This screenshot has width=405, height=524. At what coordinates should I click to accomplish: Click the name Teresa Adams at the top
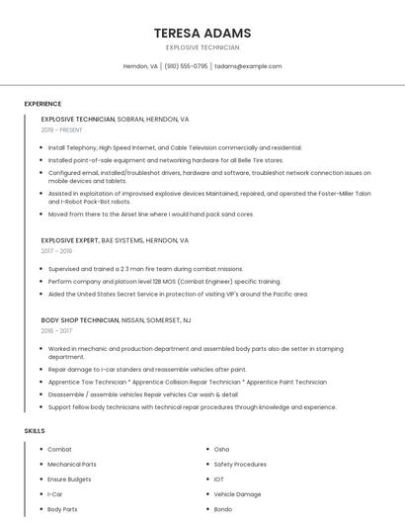click(202, 33)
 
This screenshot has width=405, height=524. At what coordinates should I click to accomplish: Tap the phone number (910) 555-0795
click(186, 66)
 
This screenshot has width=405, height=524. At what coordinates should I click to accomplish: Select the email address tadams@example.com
click(248, 66)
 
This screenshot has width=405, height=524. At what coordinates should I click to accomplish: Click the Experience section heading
click(42, 104)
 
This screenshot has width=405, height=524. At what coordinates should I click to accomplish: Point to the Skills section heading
click(35, 431)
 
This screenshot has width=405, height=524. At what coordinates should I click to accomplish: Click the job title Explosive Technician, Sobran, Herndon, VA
click(115, 119)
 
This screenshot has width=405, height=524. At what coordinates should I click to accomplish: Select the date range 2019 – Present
click(62, 130)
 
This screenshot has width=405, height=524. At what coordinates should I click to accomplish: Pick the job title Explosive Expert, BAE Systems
click(115, 240)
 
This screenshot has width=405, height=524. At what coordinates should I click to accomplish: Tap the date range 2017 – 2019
click(56, 251)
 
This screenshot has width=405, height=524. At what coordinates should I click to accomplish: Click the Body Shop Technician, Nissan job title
click(116, 320)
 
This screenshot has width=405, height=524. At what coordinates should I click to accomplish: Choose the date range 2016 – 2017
click(56, 331)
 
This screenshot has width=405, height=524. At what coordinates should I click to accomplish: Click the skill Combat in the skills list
click(59, 449)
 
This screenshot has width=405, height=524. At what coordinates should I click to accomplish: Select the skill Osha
click(221, 449)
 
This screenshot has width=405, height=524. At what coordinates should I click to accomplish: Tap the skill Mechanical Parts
click(72, 464)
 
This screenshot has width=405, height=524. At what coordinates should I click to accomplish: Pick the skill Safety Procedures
click(240, 464)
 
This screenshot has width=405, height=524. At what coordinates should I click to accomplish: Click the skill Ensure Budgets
click(69, 479)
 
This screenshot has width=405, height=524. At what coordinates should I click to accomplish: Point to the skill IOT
click(219, 479)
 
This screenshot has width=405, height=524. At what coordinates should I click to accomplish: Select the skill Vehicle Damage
click(237, 493)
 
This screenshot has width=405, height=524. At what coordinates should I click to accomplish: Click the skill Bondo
click(223, 509)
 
